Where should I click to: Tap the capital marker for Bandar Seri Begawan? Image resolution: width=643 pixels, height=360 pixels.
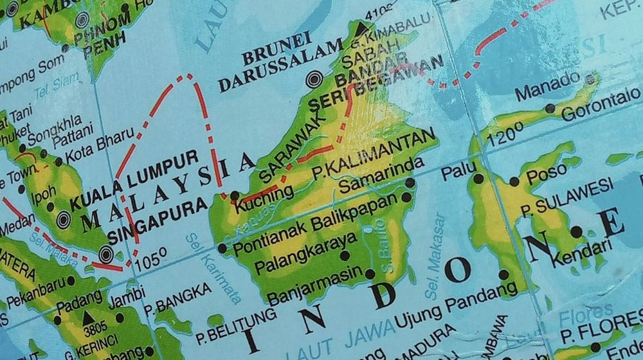(x=314, y=80)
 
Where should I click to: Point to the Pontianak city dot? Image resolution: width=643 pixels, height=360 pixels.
(x=222, y=248)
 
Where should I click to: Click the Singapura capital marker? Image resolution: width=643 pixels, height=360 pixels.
(x=106, y=255)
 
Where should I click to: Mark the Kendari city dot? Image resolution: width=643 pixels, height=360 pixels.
(x=577, y=232)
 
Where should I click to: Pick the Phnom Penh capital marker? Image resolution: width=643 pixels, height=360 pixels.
(x=82, y=20)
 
